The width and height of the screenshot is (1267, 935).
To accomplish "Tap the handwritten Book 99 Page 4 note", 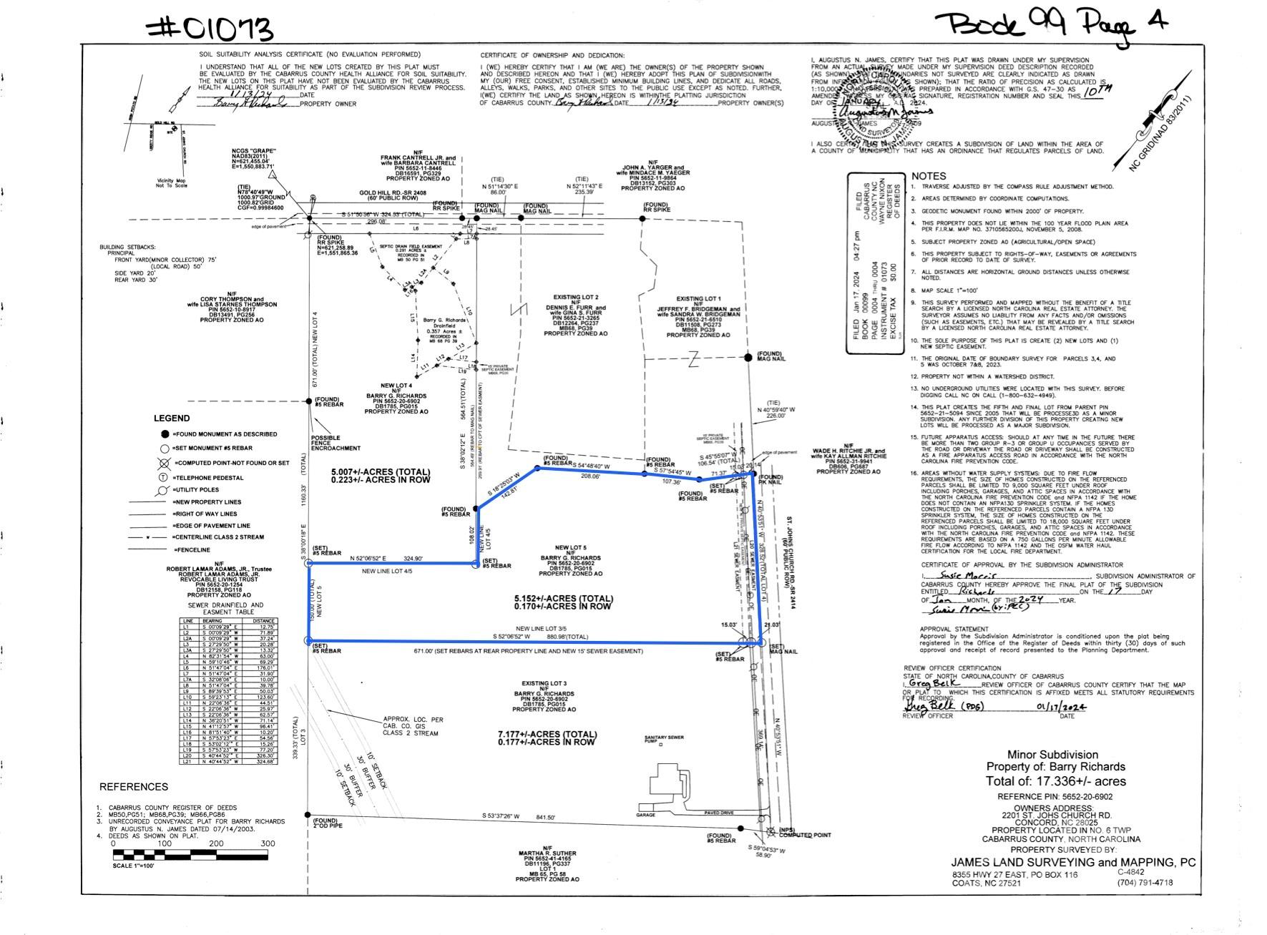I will (1050, 24).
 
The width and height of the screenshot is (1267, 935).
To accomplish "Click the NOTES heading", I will (928, 176).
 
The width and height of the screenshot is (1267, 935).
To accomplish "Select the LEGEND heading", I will (172, 418).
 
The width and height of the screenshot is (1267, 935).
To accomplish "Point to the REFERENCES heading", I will (134, 787).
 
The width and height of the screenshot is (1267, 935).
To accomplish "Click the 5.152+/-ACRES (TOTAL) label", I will (563, 599).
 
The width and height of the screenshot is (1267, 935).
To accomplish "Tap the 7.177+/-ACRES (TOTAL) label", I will (547, 735).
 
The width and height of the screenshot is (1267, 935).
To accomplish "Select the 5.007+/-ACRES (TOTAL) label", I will (381, 473).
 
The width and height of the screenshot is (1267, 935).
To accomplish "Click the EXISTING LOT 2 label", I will (575, 297).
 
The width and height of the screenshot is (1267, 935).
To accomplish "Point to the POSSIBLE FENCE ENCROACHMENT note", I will (336, 443).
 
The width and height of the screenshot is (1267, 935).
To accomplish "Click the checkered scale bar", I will (194, 854).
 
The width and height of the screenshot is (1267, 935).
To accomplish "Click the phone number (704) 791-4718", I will (1145, 882).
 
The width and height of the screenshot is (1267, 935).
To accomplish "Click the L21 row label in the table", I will (188, 761).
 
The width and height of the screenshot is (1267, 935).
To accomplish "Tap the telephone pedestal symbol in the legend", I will (163, 478).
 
